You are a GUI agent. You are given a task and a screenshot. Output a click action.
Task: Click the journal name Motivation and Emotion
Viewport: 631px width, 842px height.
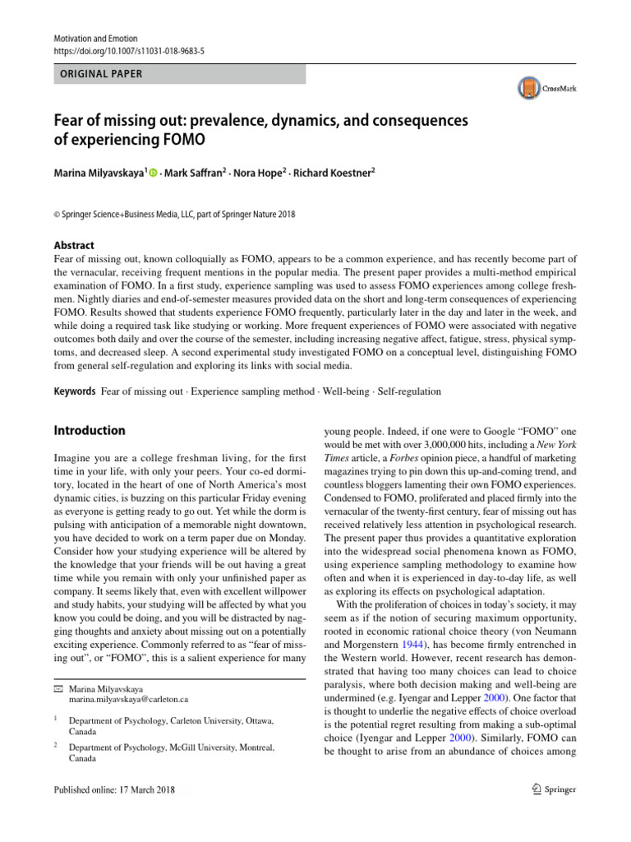pyautogui.click(x=94, y=39)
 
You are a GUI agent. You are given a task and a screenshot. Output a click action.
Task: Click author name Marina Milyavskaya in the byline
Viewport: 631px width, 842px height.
pyautogui.click(x=97, y=174)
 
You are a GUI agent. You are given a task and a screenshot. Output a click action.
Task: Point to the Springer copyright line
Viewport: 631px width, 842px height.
pyautogui.click(x=174, y=215)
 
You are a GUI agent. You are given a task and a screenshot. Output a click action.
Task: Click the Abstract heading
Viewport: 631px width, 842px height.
pyautogui.click(x=73, y=245)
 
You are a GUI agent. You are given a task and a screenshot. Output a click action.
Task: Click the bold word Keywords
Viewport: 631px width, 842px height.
pyautogui.click(x=74, y=391)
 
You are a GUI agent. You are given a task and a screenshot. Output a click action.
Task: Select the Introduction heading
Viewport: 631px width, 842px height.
pyautogui.click(x=90, y=430)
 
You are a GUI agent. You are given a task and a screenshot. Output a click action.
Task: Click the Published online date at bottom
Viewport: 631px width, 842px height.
pyautogui.click(x=113, y=790)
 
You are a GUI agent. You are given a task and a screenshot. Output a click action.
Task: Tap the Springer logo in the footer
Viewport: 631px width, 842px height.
pyautogui.click(x=549, y=789)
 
